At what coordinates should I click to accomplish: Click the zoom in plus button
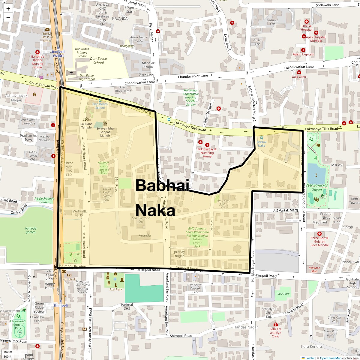(x=8, y=9)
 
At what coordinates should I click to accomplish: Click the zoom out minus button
(x=8, y=18)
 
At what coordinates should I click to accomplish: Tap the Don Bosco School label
(x=98, y=61)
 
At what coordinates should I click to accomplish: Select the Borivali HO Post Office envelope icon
(x=47, y=29)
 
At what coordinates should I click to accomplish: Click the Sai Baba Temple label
(x=86, y=125)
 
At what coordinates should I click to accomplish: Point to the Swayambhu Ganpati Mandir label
(x=105, y=132)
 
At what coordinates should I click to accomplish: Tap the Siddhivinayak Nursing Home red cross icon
(x=207, y=145)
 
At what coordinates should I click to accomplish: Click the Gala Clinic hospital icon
(x=299, y=72)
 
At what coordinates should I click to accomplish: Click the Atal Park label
(x=116, y=289)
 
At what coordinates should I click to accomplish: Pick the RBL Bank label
(x=69, y=279)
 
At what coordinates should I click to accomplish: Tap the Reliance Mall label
(x=314, y=269)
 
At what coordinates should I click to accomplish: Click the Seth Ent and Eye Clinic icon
(x=275, y=324)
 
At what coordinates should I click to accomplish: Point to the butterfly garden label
(x=31, y=230)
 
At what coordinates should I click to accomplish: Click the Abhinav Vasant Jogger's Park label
(x=104, y=168)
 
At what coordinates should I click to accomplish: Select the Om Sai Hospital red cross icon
(x=306, y=22)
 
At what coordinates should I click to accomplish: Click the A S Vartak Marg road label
(x=286, y=210)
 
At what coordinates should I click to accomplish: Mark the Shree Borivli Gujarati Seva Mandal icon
(x=319, y=234)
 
